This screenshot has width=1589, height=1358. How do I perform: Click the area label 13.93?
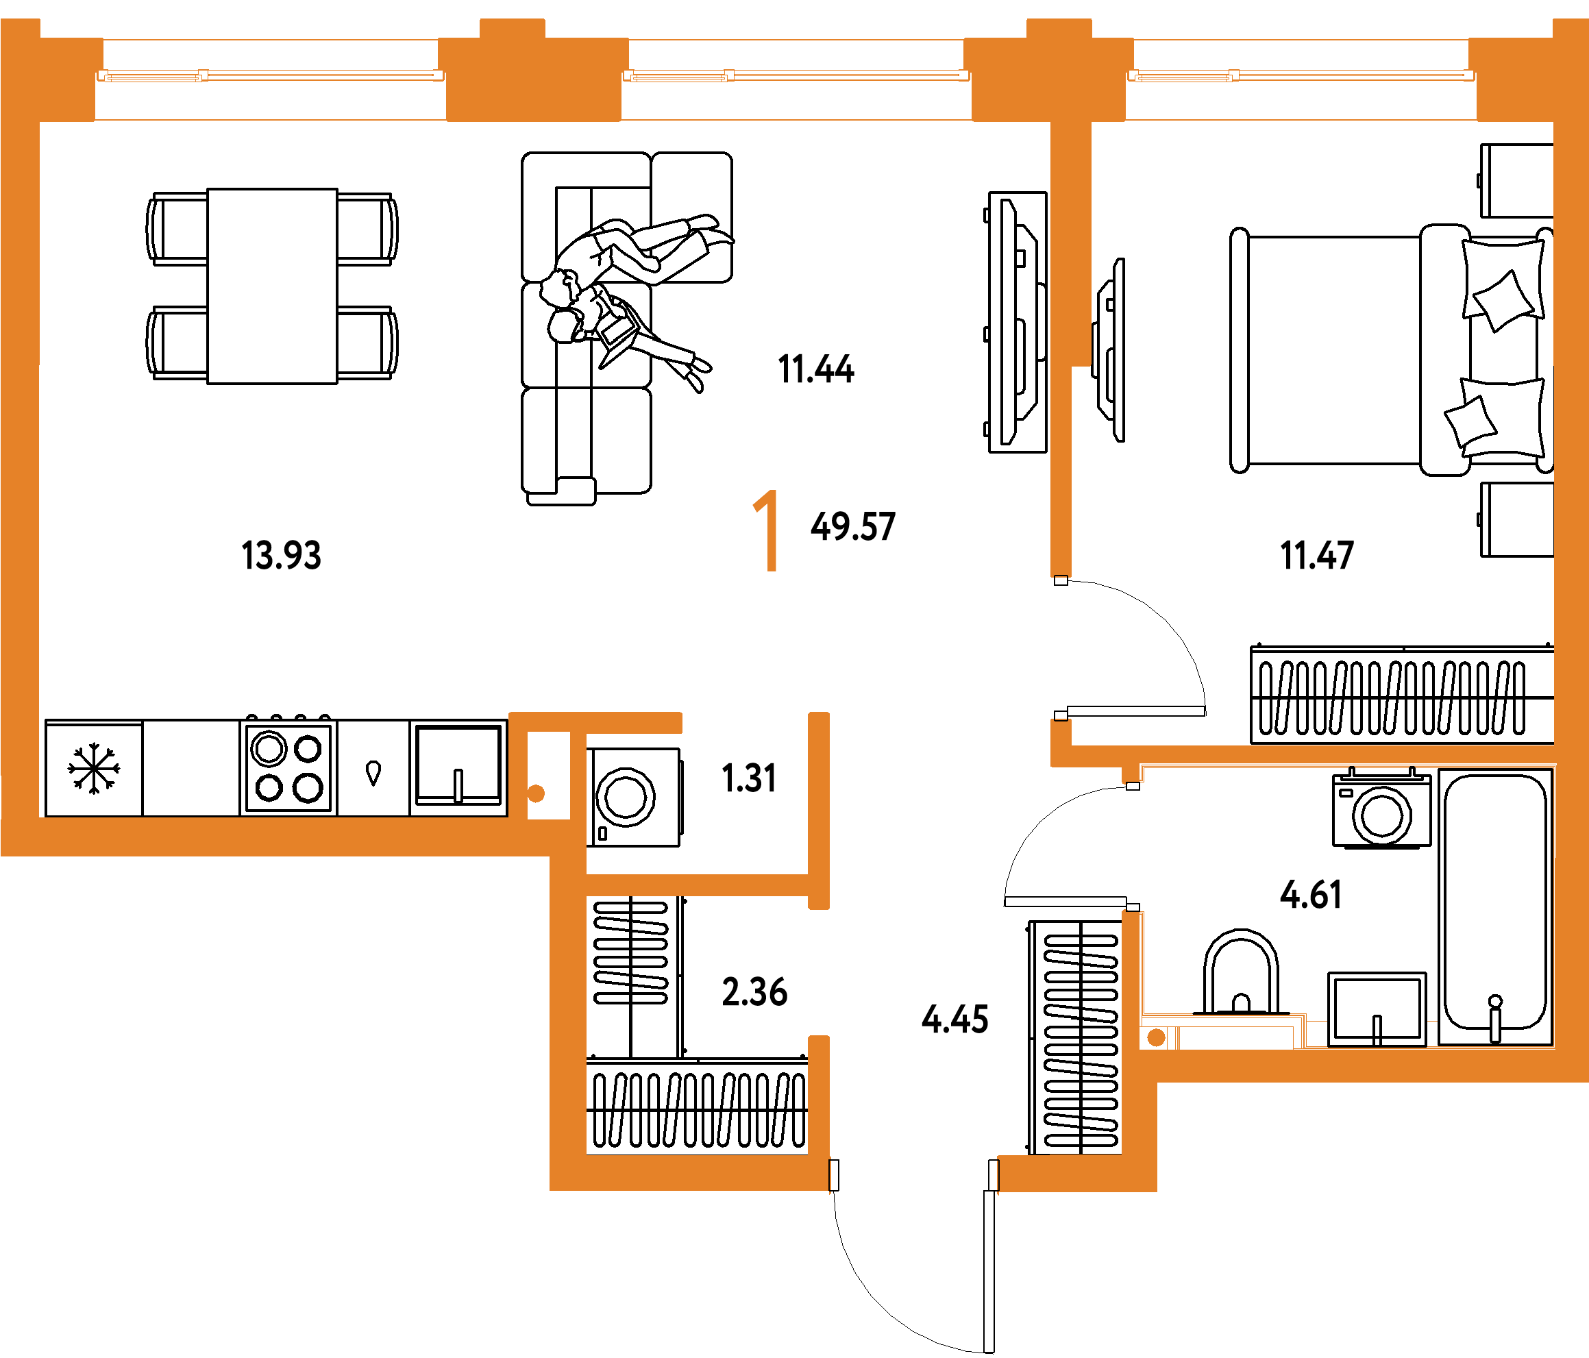pos(281,555)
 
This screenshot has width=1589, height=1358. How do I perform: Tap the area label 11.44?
pos(815,369)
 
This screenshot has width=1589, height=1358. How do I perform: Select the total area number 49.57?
pos(853,527)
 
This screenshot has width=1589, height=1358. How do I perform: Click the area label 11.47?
pos(1317,555)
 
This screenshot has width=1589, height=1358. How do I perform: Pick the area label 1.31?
pos(749,778)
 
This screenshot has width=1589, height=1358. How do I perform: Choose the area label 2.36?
pos(754,991)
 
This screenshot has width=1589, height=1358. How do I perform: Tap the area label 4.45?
pos(954,1019)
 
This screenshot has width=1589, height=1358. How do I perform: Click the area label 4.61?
pos(1311,894)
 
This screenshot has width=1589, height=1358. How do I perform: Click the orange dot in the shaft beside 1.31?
pos(536,793)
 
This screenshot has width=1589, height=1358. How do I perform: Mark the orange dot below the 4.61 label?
pos(1157,1037)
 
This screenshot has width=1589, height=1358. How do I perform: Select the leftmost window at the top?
pos(270,76)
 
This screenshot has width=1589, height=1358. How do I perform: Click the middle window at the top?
pos(796,76)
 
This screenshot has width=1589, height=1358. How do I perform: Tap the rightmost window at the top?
pos(1301,76)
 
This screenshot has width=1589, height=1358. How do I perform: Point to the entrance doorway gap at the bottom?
pos(913,1174)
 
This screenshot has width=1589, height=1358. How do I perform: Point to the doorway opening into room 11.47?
pos(1061,648)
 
